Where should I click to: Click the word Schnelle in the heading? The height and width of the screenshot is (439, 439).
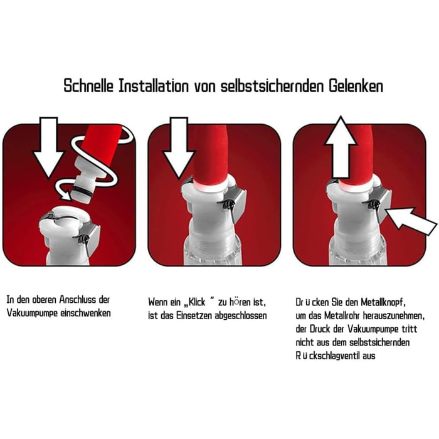point(88,86)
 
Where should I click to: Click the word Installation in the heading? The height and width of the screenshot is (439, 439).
point(154,86)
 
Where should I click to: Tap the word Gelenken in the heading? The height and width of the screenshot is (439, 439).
point(356,86)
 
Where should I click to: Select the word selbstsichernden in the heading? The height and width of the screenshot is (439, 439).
point(272,86)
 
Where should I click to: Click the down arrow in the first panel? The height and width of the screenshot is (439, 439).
point(48,147)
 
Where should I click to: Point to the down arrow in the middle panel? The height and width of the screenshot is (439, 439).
point(179,147)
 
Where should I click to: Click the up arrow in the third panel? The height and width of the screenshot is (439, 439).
point(340,147)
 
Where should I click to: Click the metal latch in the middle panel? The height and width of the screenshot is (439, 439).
point(235,204)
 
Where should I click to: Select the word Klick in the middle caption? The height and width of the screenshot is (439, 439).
point(197,302)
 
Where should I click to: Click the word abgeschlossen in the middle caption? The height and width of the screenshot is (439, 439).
point(241,315)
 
